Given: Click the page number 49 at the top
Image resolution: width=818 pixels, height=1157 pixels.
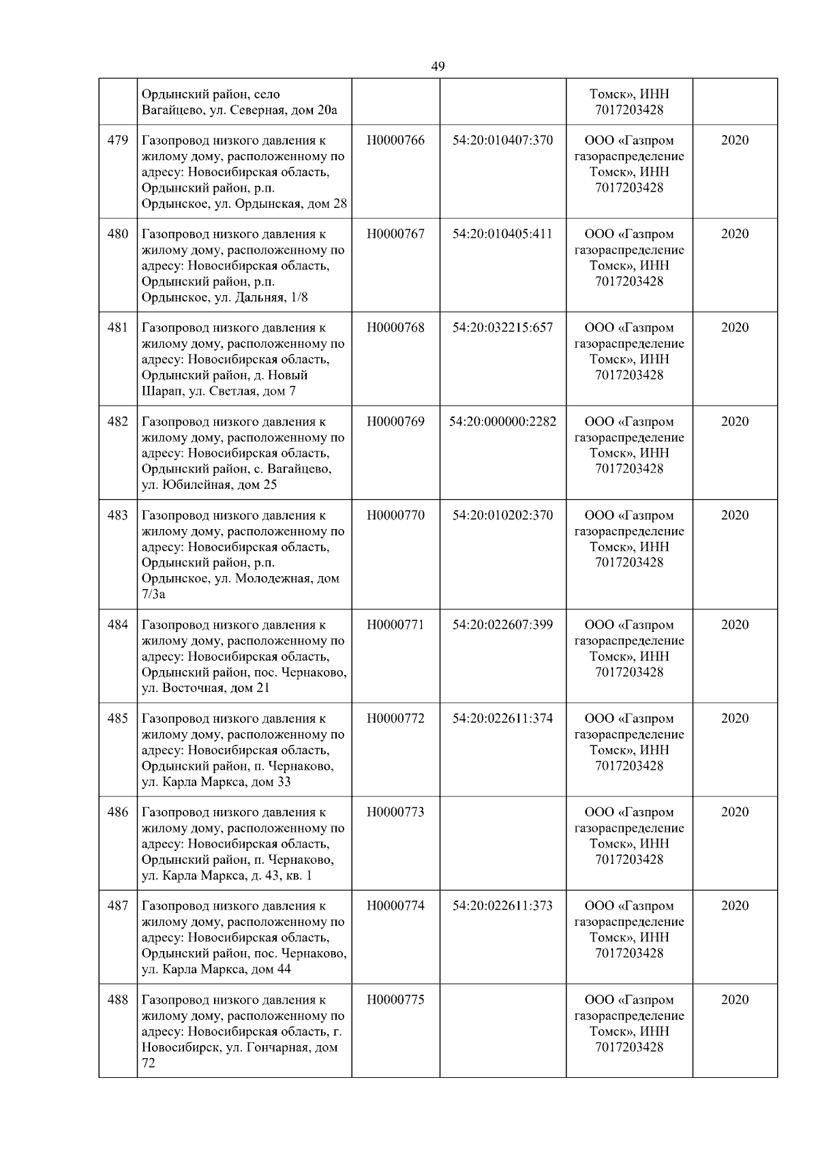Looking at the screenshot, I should pos(438,66).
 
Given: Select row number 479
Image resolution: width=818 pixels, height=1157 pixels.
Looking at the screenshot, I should pos(118,140).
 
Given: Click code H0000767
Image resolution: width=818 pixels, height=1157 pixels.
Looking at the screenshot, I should pos(395,234).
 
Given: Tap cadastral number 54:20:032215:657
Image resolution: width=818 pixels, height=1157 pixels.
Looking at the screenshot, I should pos(502,328).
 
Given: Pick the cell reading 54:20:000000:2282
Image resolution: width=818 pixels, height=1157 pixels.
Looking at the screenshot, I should pos(502,421).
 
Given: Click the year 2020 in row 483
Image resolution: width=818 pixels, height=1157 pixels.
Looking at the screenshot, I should pos(734,515).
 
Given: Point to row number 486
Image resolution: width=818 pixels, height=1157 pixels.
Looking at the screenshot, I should pos(118,812).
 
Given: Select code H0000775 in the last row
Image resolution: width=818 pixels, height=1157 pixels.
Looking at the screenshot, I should pos(395,1000).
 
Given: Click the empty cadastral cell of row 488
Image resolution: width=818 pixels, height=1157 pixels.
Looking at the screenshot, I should pos(502,1030).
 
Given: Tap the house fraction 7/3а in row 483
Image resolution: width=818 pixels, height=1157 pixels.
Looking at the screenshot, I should pos(153,595).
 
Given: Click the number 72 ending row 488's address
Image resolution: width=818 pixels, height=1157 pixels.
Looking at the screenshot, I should pos(149,1063).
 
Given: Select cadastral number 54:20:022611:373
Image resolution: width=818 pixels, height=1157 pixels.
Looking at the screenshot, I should pos(502,906).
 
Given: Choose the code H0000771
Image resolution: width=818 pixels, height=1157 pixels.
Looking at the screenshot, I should pos(395,625).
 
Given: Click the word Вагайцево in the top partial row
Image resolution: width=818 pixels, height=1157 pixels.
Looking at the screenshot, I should pos(170,110).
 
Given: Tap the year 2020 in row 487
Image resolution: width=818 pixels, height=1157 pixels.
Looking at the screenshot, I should pos(734,906).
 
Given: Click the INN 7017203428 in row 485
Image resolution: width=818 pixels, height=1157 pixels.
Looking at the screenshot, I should pos(628,766).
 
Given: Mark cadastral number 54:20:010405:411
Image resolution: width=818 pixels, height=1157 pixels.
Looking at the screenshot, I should pos(502,234).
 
